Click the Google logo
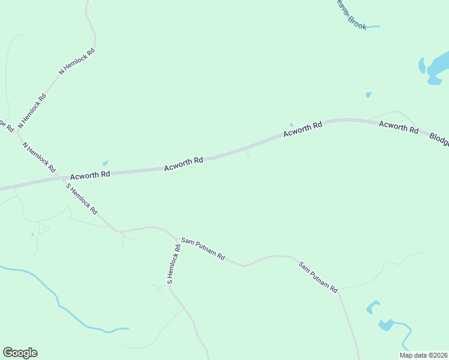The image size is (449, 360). point(20,353)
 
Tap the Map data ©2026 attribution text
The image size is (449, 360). point(423,355)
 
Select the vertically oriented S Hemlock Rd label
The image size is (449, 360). point(173,264)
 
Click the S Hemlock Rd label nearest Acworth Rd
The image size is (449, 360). point(82,200)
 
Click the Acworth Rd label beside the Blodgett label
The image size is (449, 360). point(399,127)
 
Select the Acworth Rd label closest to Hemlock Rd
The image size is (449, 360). point(90,175)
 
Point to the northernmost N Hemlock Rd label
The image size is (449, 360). point(77,62)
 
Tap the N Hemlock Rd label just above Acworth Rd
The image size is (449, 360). point(39,157)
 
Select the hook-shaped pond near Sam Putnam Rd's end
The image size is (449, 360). point(373,307)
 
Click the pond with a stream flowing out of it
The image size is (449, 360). point(386,325)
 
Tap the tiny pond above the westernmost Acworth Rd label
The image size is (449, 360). point(106,163)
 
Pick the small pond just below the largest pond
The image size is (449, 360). point(369,95)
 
